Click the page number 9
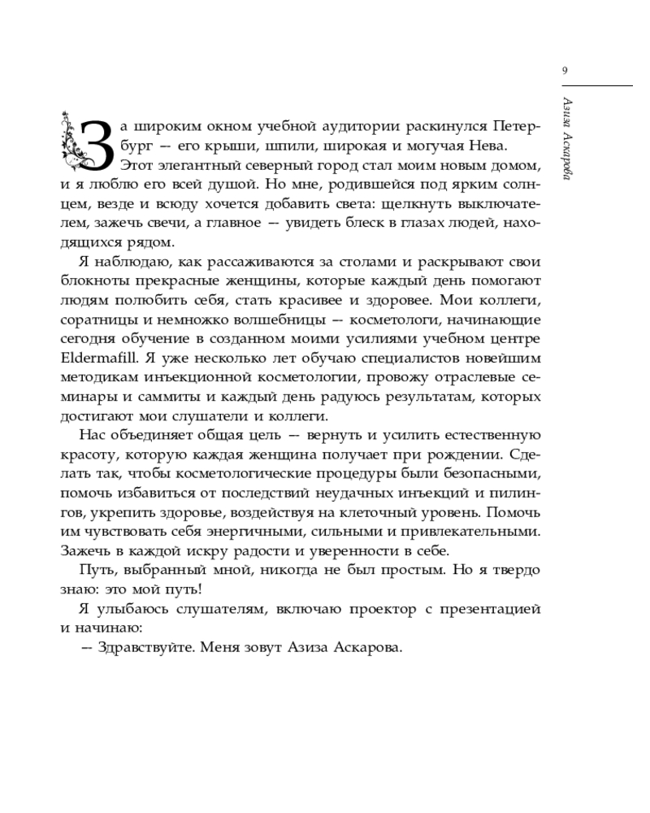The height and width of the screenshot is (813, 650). tap(565, 71)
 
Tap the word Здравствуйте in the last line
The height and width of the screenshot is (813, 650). tap(140, 648)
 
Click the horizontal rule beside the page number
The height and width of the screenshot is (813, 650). tap(603, 85)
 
